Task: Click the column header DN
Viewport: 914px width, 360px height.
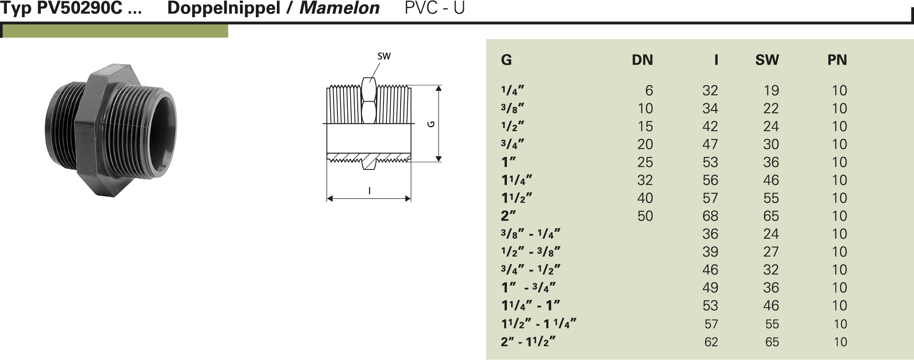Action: [642, 60]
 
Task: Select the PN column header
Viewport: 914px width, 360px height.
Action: [837, 60]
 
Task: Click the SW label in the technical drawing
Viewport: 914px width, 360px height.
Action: [384, 56]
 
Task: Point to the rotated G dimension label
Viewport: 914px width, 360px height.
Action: [431, 124]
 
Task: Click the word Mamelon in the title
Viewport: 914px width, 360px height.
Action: [339, 8]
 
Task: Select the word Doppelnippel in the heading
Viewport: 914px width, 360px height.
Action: [224, 8]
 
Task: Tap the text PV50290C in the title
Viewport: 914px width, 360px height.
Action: [80, 8]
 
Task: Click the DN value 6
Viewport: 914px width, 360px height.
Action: [649, 90]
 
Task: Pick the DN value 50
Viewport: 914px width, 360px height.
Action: [645, 216]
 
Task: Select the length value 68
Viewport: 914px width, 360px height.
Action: [710, 216]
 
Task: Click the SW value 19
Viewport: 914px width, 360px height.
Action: [771, 90]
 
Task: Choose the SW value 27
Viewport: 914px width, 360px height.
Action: [771, 252]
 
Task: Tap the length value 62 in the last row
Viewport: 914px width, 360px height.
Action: [711, 342]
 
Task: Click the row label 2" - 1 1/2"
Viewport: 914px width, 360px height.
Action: [528, 342]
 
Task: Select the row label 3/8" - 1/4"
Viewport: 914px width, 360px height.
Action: [531, 234]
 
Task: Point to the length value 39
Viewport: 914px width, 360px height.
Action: [710, 252]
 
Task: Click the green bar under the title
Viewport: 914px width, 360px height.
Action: [115, 31]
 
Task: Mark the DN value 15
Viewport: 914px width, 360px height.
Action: [645, 126]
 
